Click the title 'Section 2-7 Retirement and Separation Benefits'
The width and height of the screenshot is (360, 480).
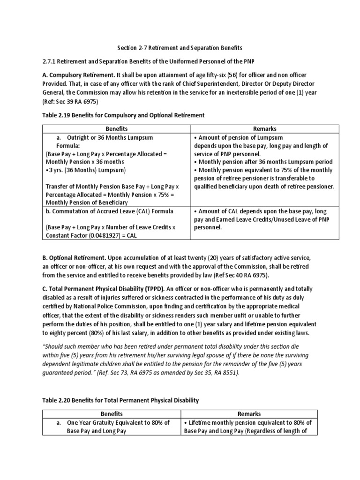(x=180, y=48)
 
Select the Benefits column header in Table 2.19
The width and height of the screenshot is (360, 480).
(x=116, y=128)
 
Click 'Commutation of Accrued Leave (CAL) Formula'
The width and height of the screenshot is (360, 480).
(x=109, y=211)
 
